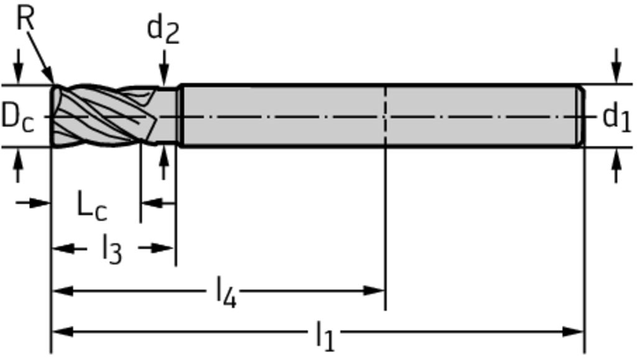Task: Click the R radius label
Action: click(25, 19)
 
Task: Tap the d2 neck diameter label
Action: click(163, 31)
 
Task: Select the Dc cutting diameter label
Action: click(17, 116)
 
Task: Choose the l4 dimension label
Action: click(226, 292)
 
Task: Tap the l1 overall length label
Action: click(325, 335)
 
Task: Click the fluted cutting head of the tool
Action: click(104, 116)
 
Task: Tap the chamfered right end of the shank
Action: click(581, 116)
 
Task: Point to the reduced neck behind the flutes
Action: click(167, 116)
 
